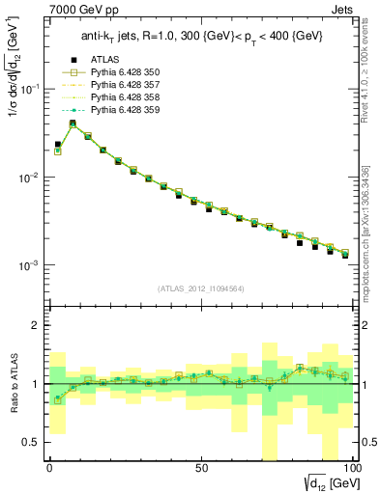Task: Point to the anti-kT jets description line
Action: [x=198, y=39]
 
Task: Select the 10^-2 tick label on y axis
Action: [x=29, y=178]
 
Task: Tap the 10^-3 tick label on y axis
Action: [x=29, y=265]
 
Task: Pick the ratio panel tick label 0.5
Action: [x=30, y=442]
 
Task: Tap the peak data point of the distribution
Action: [x=73, y=123]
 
